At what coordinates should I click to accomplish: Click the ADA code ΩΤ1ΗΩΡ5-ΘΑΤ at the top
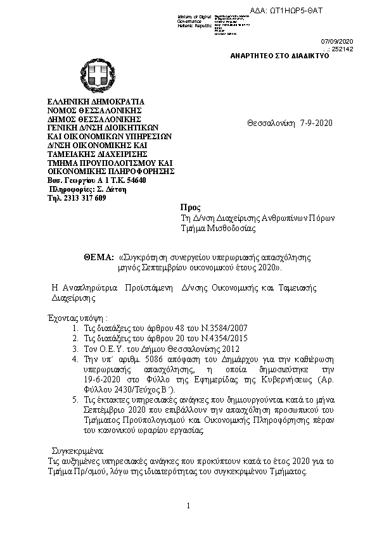click(330, 12)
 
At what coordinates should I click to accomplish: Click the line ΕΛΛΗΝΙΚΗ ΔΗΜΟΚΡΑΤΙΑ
click(97, 101)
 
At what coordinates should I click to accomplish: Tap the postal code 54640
click(136, 180)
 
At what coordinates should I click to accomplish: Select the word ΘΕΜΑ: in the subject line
click(98, 258)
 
